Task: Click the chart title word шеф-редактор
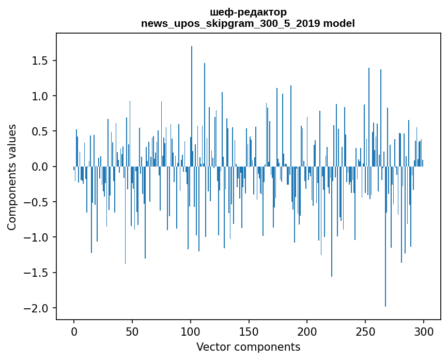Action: tap(248, 12)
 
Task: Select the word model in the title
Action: tap(341, 23)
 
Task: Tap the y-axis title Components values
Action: tap(12, 177)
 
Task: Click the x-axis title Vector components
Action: tap(248, 347)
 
